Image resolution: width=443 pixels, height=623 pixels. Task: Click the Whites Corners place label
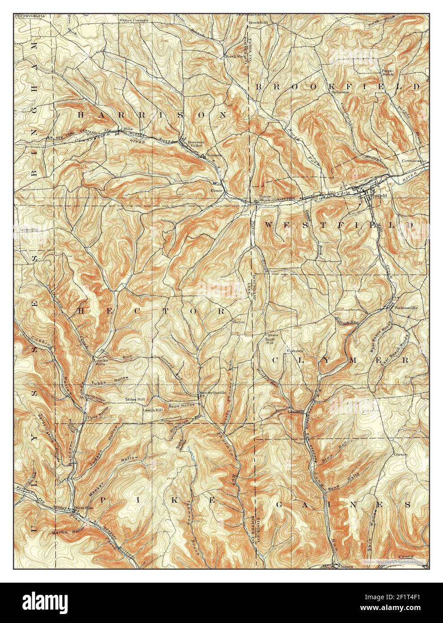[133, 20]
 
